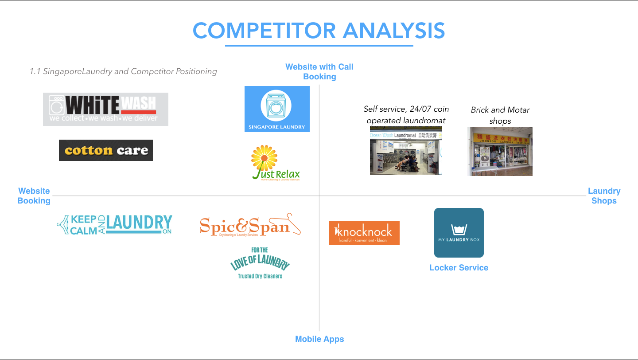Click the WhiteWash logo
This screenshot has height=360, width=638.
tap(105, 109)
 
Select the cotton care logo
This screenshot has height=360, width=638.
tap(106, 150)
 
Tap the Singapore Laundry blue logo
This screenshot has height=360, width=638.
tap(277, 109)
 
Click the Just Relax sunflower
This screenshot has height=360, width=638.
tap(265, 157)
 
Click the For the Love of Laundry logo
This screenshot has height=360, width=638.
tap(260, 263)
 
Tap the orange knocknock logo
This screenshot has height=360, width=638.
tap(364, 233)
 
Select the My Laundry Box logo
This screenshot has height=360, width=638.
tap(459, 232)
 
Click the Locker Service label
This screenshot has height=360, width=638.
tap(459, 268)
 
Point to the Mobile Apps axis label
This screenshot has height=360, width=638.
tap(319, 339)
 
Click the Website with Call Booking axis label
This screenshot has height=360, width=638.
tap(319, 72)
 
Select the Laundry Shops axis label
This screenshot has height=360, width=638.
tap(604, 196)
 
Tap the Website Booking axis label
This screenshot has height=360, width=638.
tap(34, 196)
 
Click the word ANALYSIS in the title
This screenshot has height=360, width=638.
tap(394, 31)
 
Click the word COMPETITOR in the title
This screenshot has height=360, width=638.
tap(264, 31)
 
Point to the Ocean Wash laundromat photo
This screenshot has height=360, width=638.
tap(406, 150)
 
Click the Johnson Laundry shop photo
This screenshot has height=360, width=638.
tap(500, 151)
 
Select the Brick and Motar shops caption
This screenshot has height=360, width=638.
tap(500, 115)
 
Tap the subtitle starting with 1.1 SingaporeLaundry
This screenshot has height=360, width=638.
tap(123, 71)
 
